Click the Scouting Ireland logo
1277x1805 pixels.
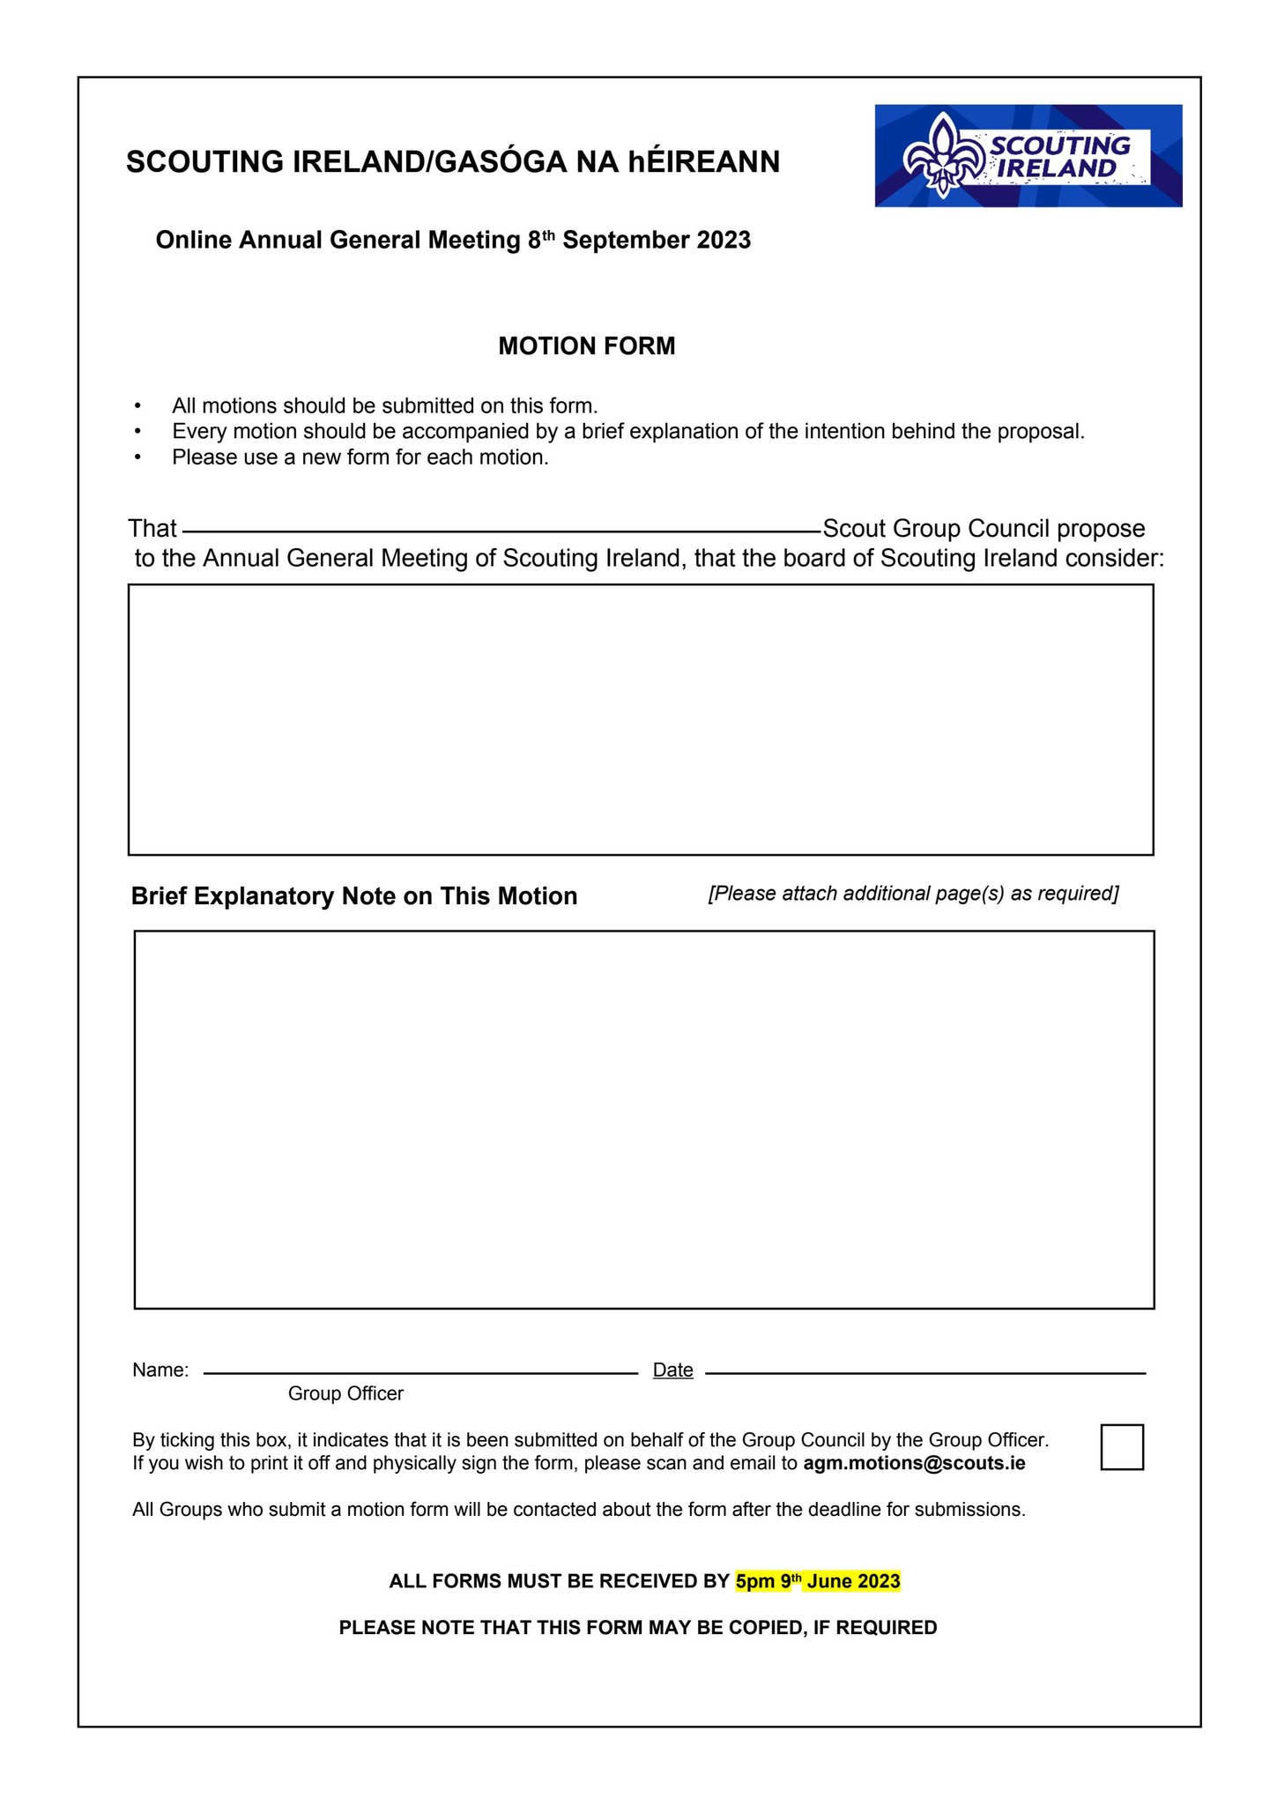point(1028,156)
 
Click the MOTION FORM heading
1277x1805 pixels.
point(587,346)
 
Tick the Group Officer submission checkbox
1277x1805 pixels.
point(1122,1447)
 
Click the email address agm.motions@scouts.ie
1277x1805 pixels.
point(914,1464)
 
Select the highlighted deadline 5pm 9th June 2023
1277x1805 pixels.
point(818,1581)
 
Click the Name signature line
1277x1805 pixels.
point(420,1371)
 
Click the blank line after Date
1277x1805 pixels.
point(925,1371)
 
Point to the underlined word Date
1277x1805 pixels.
point(672,1370)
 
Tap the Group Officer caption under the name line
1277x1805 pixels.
point(345,1393)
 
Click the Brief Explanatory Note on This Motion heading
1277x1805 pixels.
point(354,896)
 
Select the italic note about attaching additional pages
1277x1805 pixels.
point(913,894)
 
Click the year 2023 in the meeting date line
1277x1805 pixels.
point(724,241)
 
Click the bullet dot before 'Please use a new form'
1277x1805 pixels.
point(137,457)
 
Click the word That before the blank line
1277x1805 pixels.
point(152,529)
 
